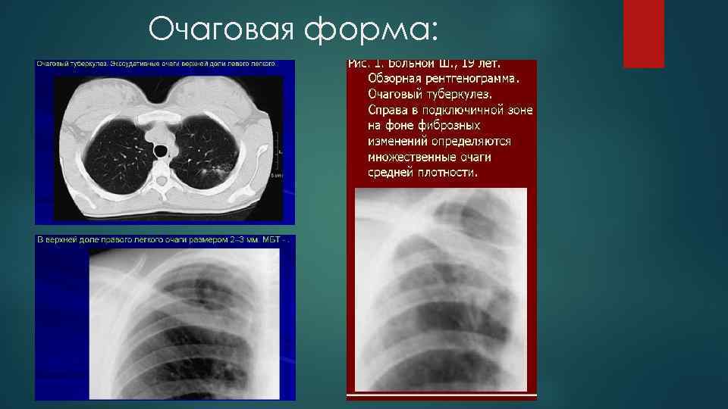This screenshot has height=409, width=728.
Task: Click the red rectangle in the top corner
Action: pyautogui.click(x=643, y=33)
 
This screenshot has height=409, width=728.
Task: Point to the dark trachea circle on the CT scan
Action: pyautogui.click(x=161, y=151)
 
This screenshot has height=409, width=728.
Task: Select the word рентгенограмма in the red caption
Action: pyautogui.click(x=474, y=79)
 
